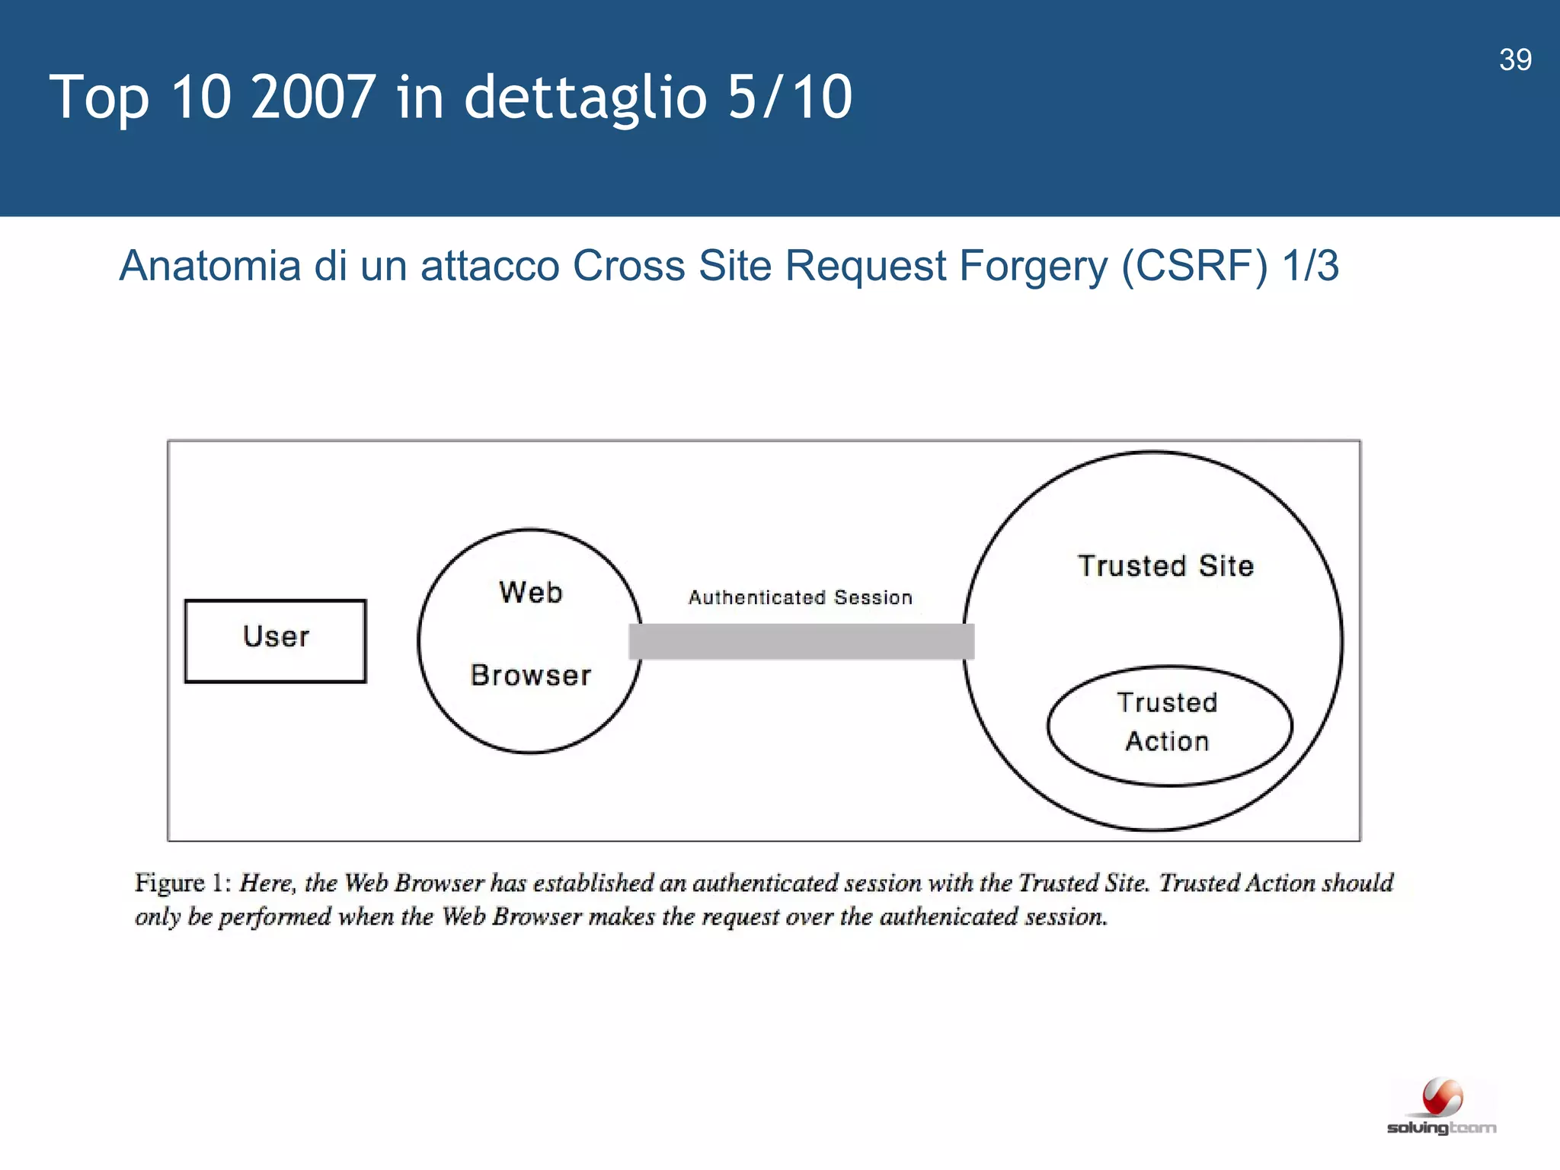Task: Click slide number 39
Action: (1514, 60)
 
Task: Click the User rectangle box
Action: (276, 641)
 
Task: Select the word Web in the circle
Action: (531, 593)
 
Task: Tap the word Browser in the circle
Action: (531, 676)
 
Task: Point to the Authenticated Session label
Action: (800, 598)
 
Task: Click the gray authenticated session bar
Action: (801, 641)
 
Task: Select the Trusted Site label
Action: (1165, 566)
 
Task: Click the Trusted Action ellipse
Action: (1168, 724)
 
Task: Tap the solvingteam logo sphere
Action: (1442, 1098)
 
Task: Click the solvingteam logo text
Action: (1441, 1128)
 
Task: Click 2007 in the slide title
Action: (312, 97)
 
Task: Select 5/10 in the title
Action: (790, 97)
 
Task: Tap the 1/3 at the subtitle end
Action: (1310, 266)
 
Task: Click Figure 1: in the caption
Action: (183, 884)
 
